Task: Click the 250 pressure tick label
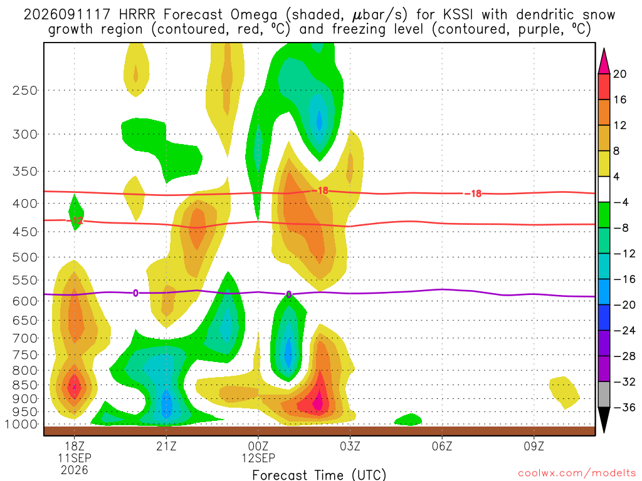[25, 90]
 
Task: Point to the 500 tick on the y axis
[25, 257]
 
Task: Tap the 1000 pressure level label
[22, 425]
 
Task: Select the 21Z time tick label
[166, 446]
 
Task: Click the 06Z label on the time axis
[442, 446]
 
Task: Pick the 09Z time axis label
[534, 446]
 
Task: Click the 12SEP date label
[258, 458]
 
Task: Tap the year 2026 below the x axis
[74, 470]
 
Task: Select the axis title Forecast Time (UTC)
[319, 475]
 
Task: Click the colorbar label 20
[620, 74]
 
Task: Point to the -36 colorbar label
[624, 407]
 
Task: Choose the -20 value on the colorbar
[624, 305]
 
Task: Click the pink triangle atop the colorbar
[604, 61]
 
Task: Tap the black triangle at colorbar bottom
[604, 420]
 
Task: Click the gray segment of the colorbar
[604, 395]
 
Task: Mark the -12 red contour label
[75, 221]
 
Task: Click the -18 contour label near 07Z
[473, 194]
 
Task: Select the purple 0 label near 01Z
[288, 294]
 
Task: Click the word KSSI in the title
[458, 15]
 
